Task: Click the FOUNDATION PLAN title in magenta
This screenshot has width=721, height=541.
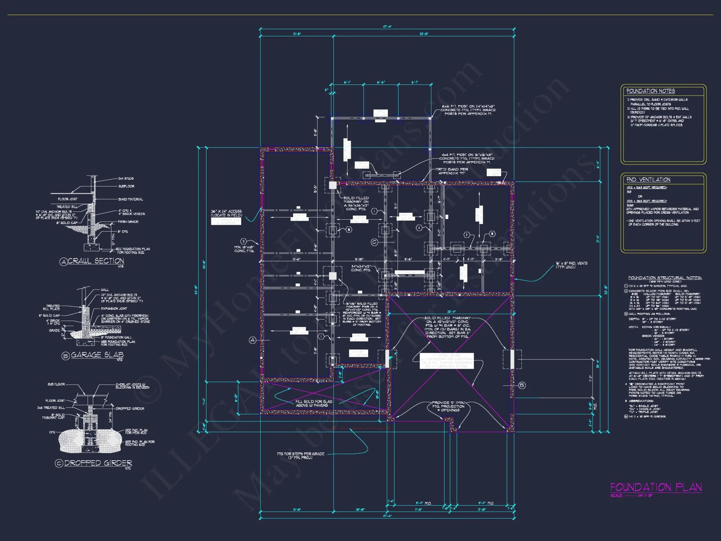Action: click(x=656, y=488)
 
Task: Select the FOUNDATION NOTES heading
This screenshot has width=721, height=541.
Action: click(x=650, y=91)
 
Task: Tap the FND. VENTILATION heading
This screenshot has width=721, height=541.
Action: click(x=648, y=180)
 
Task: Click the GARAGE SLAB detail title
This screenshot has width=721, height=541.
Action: click(x=97, y=355)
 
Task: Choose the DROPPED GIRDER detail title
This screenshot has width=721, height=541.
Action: click(x=98, y=463)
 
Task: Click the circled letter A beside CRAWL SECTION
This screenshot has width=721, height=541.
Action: click(x=63, y=262)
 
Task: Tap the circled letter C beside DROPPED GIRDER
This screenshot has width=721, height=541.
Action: click(x=59, y=463)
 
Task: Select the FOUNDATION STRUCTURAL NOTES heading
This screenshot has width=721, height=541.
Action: click(x=665, y=278)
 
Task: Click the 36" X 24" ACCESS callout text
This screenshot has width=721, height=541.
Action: click(x=226, y=213)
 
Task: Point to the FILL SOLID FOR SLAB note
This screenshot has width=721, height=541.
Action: click(x=314, y=403)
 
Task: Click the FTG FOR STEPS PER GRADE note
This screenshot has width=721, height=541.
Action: click(x=301, y=456)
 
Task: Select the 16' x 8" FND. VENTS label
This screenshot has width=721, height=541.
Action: click(x=571, y=265)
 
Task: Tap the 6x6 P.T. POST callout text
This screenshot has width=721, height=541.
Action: click(x=469, y=110)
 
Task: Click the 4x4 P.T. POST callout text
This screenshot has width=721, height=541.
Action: click(x=467, y=158)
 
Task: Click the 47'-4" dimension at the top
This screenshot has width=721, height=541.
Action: click(x=387, y=27)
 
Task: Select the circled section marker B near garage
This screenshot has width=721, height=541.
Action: click(x=522, y=386)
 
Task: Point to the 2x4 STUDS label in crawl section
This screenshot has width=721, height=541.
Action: click(x=126, y=179)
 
